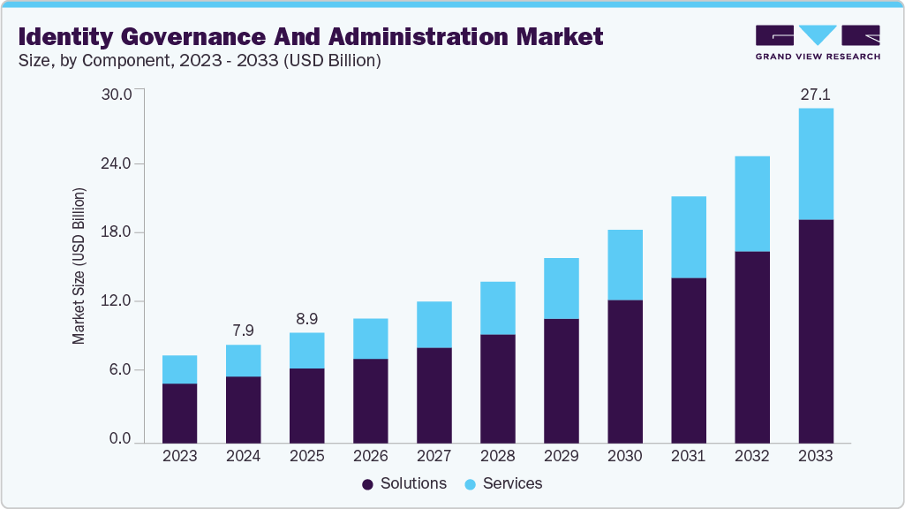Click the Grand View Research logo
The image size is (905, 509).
pos(818,42)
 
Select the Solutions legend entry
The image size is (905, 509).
pos(403,483)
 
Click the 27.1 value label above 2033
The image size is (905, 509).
pos(815,95)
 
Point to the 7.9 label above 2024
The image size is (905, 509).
pos(243,330)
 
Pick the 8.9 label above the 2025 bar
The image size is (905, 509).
pos(306,318)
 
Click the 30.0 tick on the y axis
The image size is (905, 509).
pos(117,95)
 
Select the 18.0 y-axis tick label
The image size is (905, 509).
pos(117,232)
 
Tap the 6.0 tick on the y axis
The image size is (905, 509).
pos(120,370)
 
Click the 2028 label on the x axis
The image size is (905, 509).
pos(497,456)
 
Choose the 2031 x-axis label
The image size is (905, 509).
pos(688,456)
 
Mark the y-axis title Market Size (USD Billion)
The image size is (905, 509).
pos(79,266)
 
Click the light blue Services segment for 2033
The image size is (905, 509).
pos(815,163)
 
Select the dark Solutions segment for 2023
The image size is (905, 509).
pos(179,413)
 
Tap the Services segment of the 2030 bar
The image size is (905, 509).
pos(624,264)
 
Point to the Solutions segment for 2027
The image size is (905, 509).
pos(434,395)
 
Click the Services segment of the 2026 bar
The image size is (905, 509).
pos(370,338)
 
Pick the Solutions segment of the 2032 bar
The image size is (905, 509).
pos(751,346)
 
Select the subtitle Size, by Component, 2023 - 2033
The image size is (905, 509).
pos(199,61)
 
